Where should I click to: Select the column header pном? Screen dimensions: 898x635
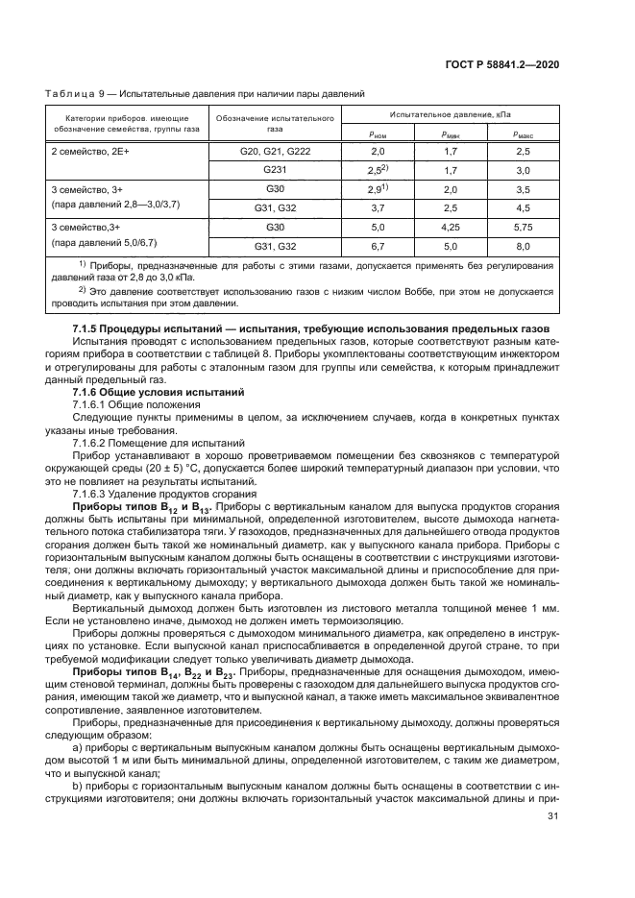pos(377,135)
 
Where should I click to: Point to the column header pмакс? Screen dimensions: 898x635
pos(523,135)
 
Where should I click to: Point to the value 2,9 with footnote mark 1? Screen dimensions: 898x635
pos(377,189)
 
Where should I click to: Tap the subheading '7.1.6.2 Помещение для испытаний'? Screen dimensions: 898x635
pos(159,444)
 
